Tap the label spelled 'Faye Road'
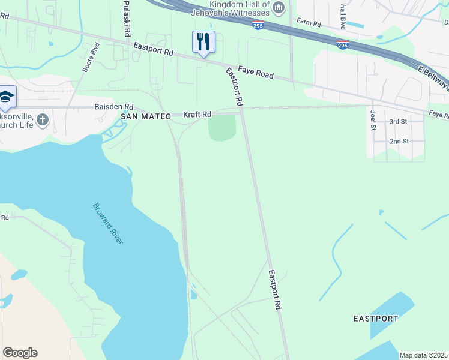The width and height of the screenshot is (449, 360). click(255, 73)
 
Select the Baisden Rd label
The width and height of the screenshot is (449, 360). click(113, 106)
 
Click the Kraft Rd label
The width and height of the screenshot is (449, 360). click(197, 114)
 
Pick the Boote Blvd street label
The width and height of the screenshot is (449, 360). click(89, 58)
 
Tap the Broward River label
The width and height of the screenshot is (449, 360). click(108, 223)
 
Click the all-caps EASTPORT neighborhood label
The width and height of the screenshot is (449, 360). click(375, 318)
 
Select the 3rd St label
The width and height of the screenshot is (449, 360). click(399, 121)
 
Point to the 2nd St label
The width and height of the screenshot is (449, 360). click(399, 141)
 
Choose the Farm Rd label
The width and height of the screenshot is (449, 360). click(309, 23)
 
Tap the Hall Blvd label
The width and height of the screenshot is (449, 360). click(343, 17)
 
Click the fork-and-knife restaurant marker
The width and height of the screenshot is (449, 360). click(203, 42)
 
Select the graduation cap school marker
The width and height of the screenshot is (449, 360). click(7, 97)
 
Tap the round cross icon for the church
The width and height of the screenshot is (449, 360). click(42, 119)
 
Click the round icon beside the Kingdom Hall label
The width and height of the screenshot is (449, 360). click(278, 7)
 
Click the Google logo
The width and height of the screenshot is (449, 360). click(20, 353)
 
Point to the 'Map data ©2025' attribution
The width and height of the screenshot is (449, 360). click(423, 355)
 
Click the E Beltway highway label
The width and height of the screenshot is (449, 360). click(433, 77)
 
